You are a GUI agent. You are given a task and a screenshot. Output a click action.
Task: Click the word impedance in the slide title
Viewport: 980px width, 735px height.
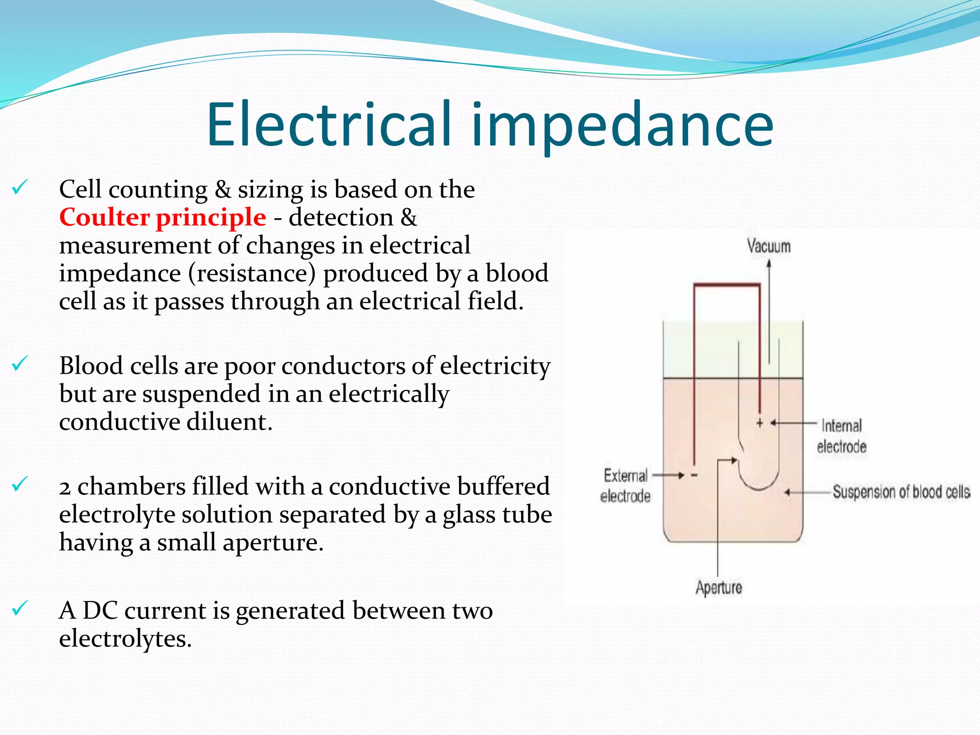click(622, 125)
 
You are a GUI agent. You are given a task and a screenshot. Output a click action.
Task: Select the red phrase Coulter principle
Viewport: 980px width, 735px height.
click(163, 218)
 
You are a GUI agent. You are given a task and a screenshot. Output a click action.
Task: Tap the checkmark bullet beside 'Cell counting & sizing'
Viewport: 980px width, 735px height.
click(20, 187)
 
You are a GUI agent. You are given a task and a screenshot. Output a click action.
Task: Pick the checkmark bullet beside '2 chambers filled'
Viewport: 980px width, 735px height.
click(20, 484)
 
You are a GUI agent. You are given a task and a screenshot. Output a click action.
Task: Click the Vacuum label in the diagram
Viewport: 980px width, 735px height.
click(768, 246)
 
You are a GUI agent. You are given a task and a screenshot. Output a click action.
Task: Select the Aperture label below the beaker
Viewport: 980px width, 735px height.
click(719, 588)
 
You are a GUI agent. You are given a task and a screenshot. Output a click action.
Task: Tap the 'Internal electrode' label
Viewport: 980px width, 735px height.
click(842, 436)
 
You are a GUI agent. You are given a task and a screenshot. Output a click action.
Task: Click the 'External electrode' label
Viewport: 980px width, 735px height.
click(625, 486)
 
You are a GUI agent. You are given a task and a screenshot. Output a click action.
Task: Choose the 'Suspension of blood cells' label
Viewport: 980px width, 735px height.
click(901, 492)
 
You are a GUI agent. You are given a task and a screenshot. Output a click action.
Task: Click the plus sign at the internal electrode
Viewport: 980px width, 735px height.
click(759, 423)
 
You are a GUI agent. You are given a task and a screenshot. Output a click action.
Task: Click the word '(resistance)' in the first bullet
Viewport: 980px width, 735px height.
click(252, 274)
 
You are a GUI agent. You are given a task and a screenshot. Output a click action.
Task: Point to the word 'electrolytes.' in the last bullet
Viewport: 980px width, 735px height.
click(125, 639)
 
